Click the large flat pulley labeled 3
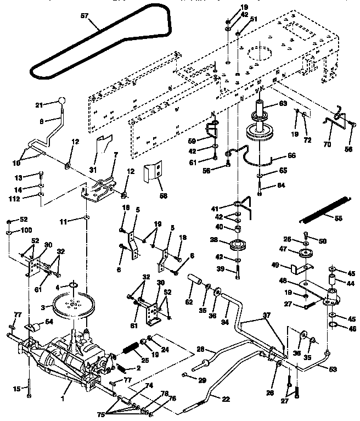click(73, 306)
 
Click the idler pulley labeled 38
click(238, 245)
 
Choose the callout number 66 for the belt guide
click(291, 155)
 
